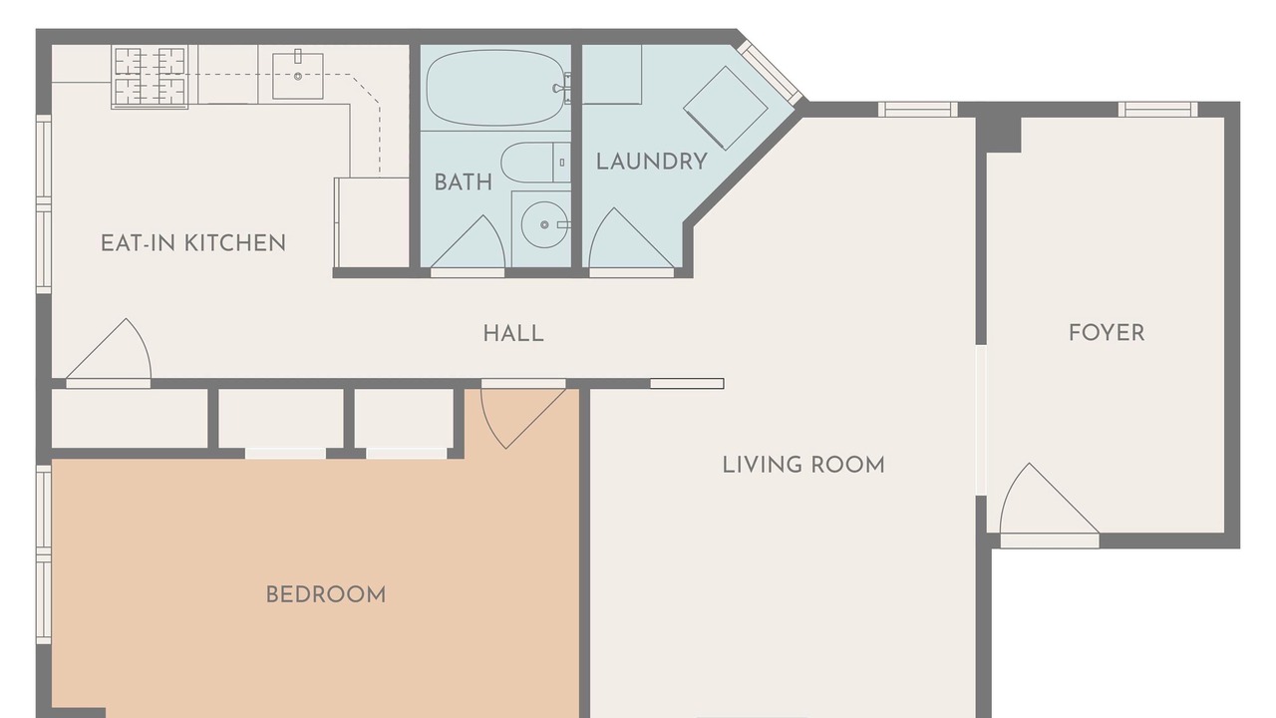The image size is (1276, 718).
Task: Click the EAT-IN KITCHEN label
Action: tap(193, 243)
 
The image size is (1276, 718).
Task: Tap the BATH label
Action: tap(464, 182)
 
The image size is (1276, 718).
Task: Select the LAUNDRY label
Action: tap(652, 162)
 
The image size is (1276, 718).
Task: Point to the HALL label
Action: tap(513, 333)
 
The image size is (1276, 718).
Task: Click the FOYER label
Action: tap(1107, 333)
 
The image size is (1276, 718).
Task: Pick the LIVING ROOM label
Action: tap(803, 465)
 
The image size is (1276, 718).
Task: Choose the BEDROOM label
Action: tap(326, 595)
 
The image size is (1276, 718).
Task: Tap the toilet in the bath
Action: tap(535, 163)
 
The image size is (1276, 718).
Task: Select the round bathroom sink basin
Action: tap(544, 224)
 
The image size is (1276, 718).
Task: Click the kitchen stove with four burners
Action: tap(150, 77)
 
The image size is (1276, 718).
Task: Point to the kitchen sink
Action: tap(298, 76)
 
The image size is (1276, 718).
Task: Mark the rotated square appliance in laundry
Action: tap(725, 109)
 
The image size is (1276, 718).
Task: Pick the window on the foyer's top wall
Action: tap(1157, 110)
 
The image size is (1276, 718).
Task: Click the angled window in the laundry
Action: tap(770, 73)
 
